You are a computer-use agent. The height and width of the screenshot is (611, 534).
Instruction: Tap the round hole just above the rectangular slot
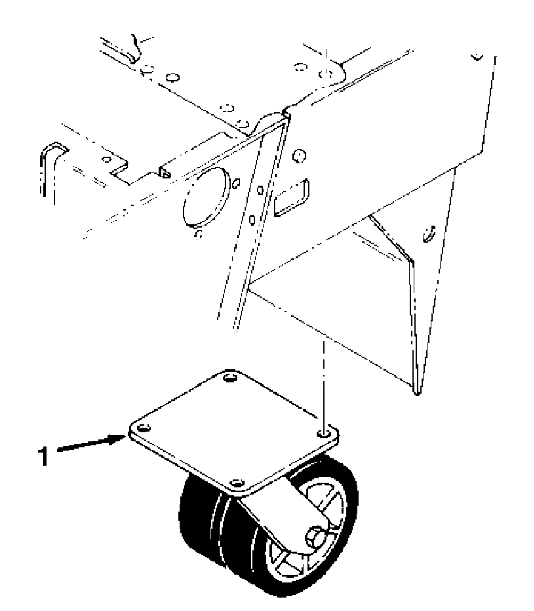point(299,155)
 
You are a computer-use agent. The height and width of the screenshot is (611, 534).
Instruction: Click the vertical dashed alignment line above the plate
point(323,384)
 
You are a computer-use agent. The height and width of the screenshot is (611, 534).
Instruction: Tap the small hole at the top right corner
point(478,56)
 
